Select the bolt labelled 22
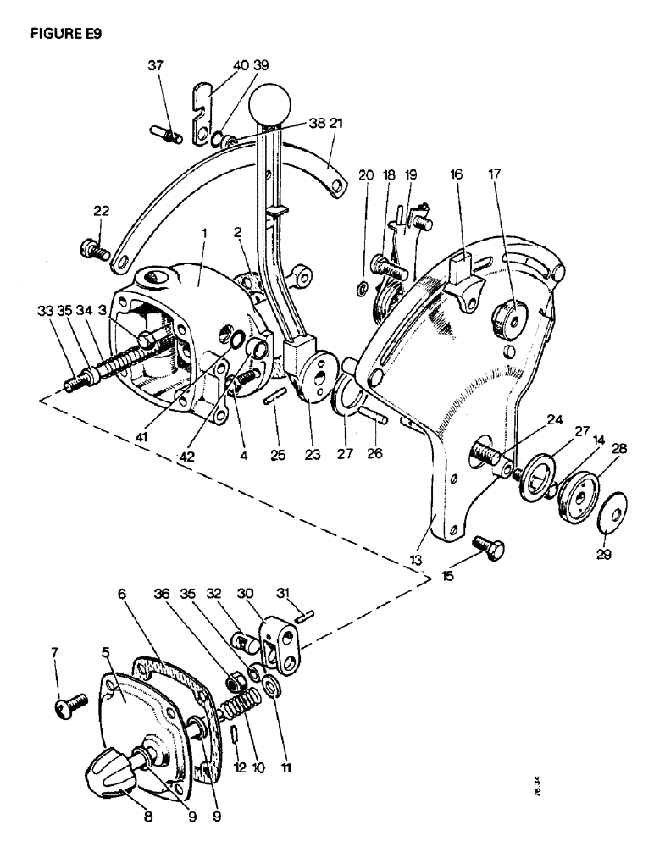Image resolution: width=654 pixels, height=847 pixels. pyautogui.click(x=91, y=250)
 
